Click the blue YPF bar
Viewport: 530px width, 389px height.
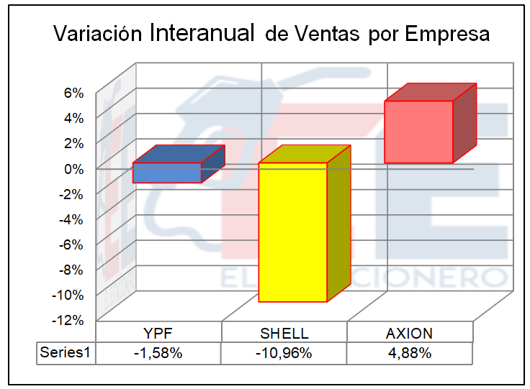[167, 173]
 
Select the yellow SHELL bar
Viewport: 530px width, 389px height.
[293, 232]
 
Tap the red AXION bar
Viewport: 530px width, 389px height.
[418, 132]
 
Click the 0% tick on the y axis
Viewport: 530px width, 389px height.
[74, 168]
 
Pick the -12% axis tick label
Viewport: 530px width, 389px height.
[69, 320]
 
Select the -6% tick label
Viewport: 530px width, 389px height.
[72, 244]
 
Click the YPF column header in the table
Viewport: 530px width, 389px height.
[158, 334]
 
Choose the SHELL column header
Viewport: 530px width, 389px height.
[284, 334]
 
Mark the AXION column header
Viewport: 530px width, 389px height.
[410, 334]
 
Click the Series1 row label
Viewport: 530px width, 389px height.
[66, 353]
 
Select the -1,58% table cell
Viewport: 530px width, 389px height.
[158, 353]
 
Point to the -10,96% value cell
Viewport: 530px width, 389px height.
[284, 353]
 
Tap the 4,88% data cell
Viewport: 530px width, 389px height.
[410, 353]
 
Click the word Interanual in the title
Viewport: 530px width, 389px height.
[202, 33]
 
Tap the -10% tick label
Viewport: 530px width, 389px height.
[69, 295]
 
